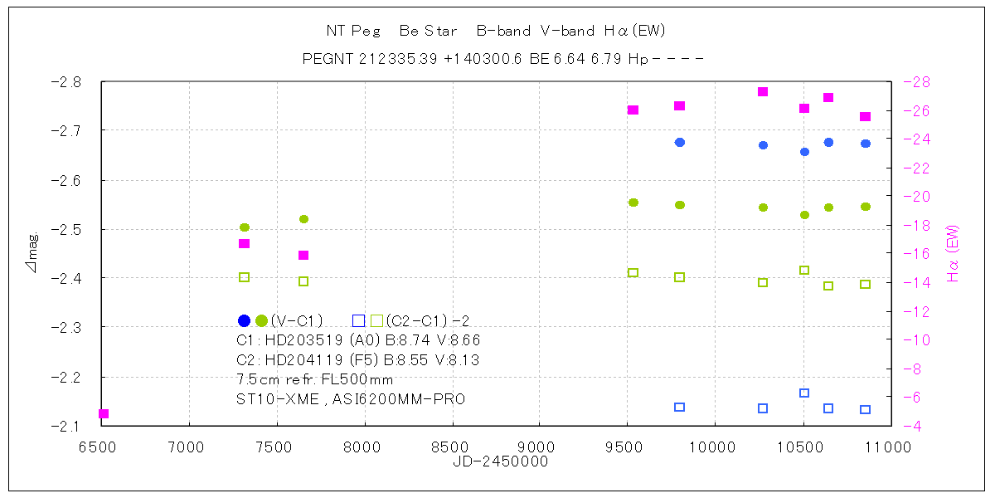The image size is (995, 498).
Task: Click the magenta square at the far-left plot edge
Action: (104, 413)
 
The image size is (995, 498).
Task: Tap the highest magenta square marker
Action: (763, 91)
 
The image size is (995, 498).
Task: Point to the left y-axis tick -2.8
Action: (66, 82)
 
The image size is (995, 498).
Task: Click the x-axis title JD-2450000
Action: (500, 461)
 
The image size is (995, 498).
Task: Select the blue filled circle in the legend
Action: (244, 320)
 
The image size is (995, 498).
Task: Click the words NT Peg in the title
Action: (353, 32)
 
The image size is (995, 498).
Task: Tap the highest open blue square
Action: (804, 393)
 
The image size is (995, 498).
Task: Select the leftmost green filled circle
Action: (245, 227)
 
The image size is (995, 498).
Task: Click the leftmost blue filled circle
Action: (680, 142)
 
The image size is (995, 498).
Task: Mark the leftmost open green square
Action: (245, 277)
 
